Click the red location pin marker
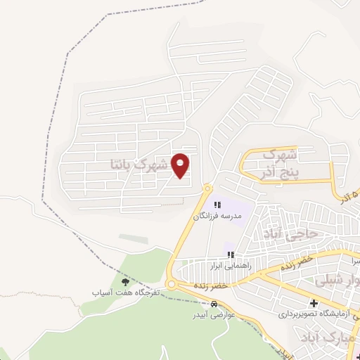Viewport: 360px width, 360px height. pos(181,165)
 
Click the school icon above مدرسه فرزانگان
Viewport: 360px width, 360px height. pos(217,205)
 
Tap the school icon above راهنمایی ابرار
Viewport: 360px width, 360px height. pos(229,255)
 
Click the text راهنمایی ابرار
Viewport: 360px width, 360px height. pos(229,266)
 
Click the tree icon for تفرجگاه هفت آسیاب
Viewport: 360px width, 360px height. pos(126,282)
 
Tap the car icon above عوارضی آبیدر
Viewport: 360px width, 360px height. pos(214,304)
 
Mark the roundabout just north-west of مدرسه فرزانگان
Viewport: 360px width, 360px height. pos(207,188)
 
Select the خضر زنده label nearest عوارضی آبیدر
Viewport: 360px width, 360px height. pos(212,286)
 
